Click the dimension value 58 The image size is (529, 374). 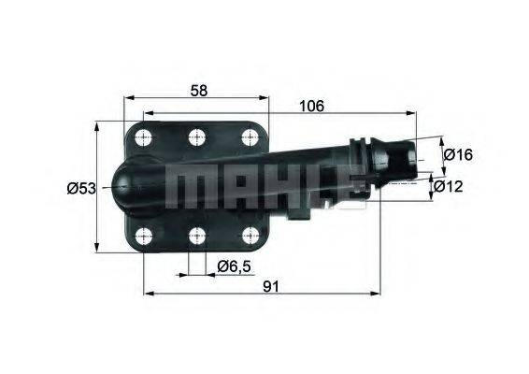tap(197, 90)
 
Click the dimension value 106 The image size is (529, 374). tap(312, 107)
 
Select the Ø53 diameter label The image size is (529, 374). tap(82, 188)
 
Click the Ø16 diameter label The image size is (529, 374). tap(457, 154)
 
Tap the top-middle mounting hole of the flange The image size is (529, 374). tap(196, 137)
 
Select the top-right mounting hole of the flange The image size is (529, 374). tap(250, 137)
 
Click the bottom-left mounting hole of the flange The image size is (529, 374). tap(143, 235)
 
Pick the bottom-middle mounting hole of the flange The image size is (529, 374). tap(196, 235)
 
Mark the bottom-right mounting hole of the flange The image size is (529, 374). tap(250, 235)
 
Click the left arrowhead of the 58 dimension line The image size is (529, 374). tap(129, 96)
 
